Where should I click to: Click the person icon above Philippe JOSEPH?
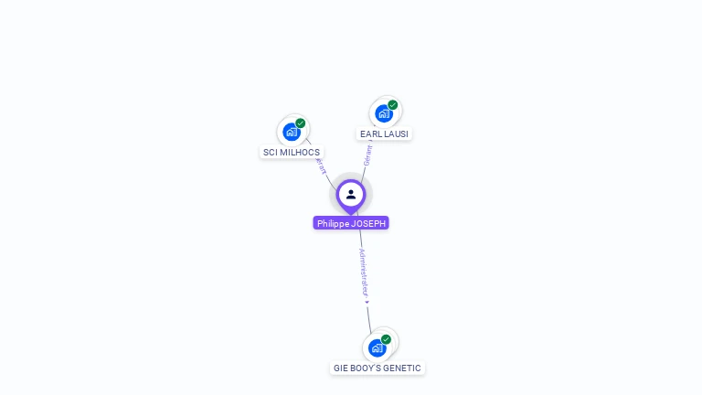point(351,194)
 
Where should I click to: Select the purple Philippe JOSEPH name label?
point(351,223)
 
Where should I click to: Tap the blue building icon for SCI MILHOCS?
point(292,132)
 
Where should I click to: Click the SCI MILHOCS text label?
point(292,152)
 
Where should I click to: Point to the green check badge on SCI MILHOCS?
point(301,123)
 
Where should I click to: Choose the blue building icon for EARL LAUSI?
point(384,113)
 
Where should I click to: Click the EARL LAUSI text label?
point(384,133)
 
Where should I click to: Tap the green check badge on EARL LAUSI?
point(393,105)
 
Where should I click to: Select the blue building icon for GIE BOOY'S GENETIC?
point(378,347)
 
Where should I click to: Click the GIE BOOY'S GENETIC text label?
point(378,368)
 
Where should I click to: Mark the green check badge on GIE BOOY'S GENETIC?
point(386,339)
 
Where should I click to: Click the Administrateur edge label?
point(363,272)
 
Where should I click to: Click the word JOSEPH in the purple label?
point(369,223)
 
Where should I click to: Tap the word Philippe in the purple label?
point(334,223)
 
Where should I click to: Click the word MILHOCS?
point(301,152)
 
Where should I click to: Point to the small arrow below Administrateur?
point(367,301)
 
